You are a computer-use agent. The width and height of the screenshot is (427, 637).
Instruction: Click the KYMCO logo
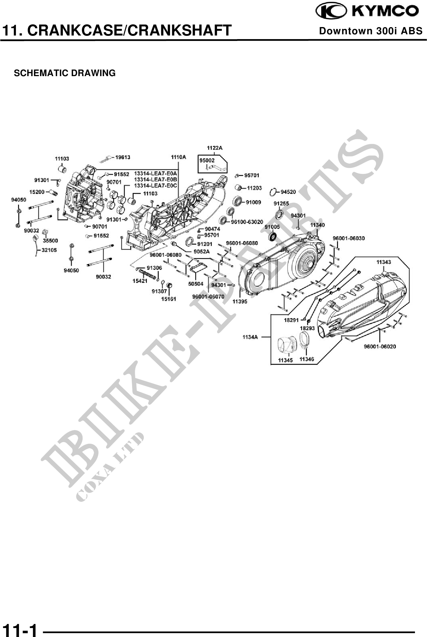pos(367,11)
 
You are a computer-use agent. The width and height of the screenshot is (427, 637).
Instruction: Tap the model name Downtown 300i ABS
pos(371,31)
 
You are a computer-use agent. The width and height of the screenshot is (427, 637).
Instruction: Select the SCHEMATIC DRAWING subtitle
pos(65,73)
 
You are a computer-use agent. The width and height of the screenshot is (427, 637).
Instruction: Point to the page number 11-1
pos(20,628)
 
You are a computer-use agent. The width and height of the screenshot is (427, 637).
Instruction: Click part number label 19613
pos(123,157)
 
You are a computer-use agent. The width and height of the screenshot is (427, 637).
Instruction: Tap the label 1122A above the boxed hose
pos(215,148)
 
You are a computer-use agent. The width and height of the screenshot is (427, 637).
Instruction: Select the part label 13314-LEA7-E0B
pos(156,180)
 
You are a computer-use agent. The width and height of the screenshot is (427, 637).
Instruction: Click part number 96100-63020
pos(247,222)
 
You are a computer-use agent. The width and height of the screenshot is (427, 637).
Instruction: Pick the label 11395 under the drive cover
pos(240,301)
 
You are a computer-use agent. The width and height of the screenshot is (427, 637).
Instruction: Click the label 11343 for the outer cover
pos(384,262)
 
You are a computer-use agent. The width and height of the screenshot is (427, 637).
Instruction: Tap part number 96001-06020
pos(380,346)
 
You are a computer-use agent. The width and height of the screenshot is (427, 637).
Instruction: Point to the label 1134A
pos(250,337)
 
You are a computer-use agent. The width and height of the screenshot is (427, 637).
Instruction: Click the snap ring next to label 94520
pos(274,192)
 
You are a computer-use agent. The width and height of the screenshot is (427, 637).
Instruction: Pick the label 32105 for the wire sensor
pos(49,250)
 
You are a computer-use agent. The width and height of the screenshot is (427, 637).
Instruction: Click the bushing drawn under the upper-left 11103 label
pos(62,169)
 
